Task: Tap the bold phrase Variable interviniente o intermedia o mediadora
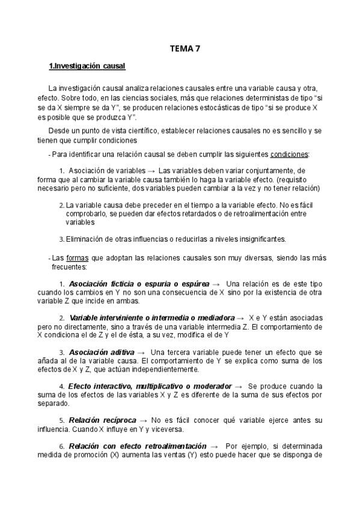click(x=151, y=318)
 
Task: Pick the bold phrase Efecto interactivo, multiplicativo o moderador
click(x=153, y=386)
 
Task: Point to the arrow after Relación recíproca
click(x=144, y=420)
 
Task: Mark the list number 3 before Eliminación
click(x=62, y=239)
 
